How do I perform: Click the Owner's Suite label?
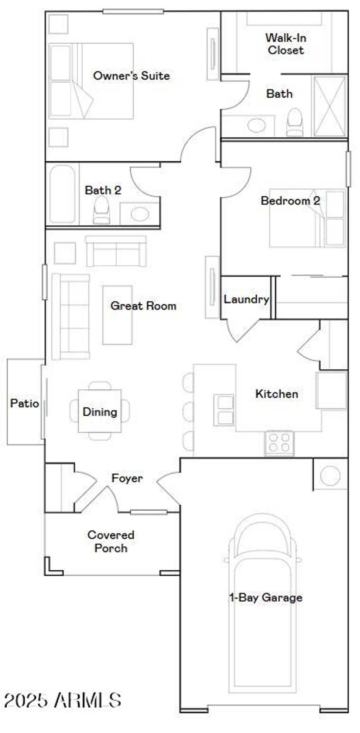131,76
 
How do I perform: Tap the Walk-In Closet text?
285,44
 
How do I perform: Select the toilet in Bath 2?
101,210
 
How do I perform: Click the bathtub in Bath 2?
62,194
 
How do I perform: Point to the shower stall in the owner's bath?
329,106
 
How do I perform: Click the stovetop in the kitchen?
279,443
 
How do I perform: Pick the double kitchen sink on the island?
224,410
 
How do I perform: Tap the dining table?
100,411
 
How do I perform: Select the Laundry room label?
246,299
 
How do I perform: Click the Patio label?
24,403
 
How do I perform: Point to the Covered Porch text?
111,541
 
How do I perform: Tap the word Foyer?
127,478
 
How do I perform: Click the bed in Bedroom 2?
307,218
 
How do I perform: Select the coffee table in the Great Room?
117,315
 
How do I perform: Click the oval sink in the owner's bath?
257,125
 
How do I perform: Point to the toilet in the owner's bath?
295,122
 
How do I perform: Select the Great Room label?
143,306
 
